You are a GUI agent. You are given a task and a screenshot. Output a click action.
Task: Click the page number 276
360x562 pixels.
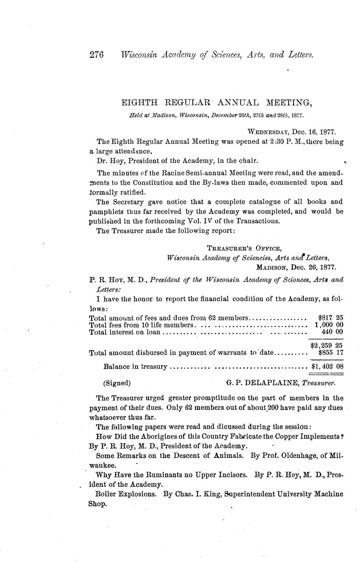tap(97, 55)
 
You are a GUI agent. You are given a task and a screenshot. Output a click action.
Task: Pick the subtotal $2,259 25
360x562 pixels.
tap(326, 345)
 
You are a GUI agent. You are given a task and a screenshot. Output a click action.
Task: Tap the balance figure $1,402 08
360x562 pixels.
tap(327, 367)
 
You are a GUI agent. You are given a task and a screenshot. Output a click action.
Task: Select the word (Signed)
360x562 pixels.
tap(117, 383)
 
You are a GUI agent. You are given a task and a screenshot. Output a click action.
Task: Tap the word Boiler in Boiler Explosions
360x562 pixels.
tap(105, 494)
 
